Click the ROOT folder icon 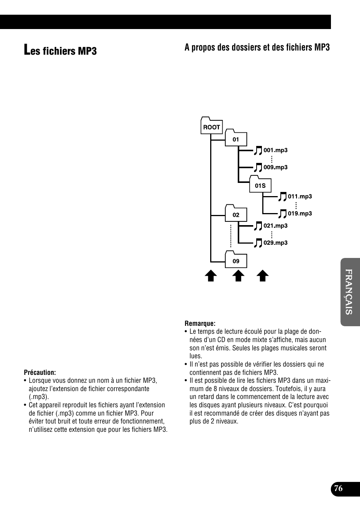tap(211, 126)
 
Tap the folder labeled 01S tap(260, 185)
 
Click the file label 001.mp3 tap(275, 150)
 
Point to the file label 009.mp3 tap(275, 167)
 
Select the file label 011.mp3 tap(300, 196)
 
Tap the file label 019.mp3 tap(300, 213)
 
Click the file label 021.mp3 tap(275, 226)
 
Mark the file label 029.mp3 tap(275, 242)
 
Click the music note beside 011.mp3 tap(283, 197)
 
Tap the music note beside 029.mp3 tap(258, 243)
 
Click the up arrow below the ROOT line tap(211, 276)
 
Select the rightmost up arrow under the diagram tap(263, 276)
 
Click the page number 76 tap(338, 488)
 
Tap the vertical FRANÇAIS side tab tap(350, 292)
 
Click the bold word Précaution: tap(40, 372)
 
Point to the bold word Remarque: tap(200, 323)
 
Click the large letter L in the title tap(27, 50)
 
